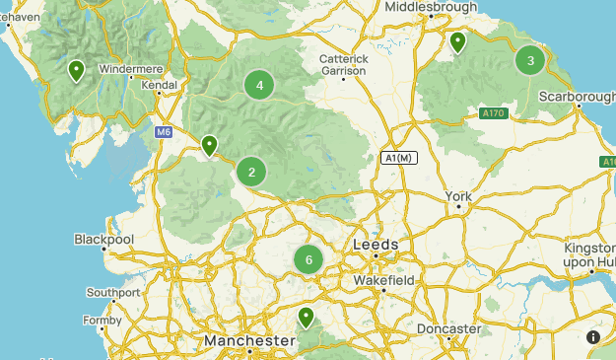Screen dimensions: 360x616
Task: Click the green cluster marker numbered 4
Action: (x=259, y=86)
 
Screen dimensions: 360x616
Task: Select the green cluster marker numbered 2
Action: (x=251, y=173)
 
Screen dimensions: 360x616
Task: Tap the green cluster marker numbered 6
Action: (x=308, y=260)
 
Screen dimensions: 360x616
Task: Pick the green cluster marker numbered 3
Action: (x=530, y=61)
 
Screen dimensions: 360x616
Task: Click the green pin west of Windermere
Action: (x=76, y=71)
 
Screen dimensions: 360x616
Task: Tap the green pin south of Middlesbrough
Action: (x=457, y=42)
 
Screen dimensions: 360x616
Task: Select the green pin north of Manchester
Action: (x=307, y=318)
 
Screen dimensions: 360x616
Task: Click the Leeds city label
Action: (x=376, y=245)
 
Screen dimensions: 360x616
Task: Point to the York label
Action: (x=459, y=197)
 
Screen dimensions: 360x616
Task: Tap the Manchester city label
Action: (x=249, y=341)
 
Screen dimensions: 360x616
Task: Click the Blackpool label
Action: (x=104, y=240)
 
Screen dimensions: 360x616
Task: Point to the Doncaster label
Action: (x=448, y=328)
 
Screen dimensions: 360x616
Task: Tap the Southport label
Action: (x=113, y=293)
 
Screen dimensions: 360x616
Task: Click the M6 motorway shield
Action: (x=164, y=131)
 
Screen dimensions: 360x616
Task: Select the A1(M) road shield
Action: (x=400, y=158)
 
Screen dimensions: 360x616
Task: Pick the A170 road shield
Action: (x=494, y=114)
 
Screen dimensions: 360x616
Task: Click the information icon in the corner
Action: (x=593, y=337)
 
